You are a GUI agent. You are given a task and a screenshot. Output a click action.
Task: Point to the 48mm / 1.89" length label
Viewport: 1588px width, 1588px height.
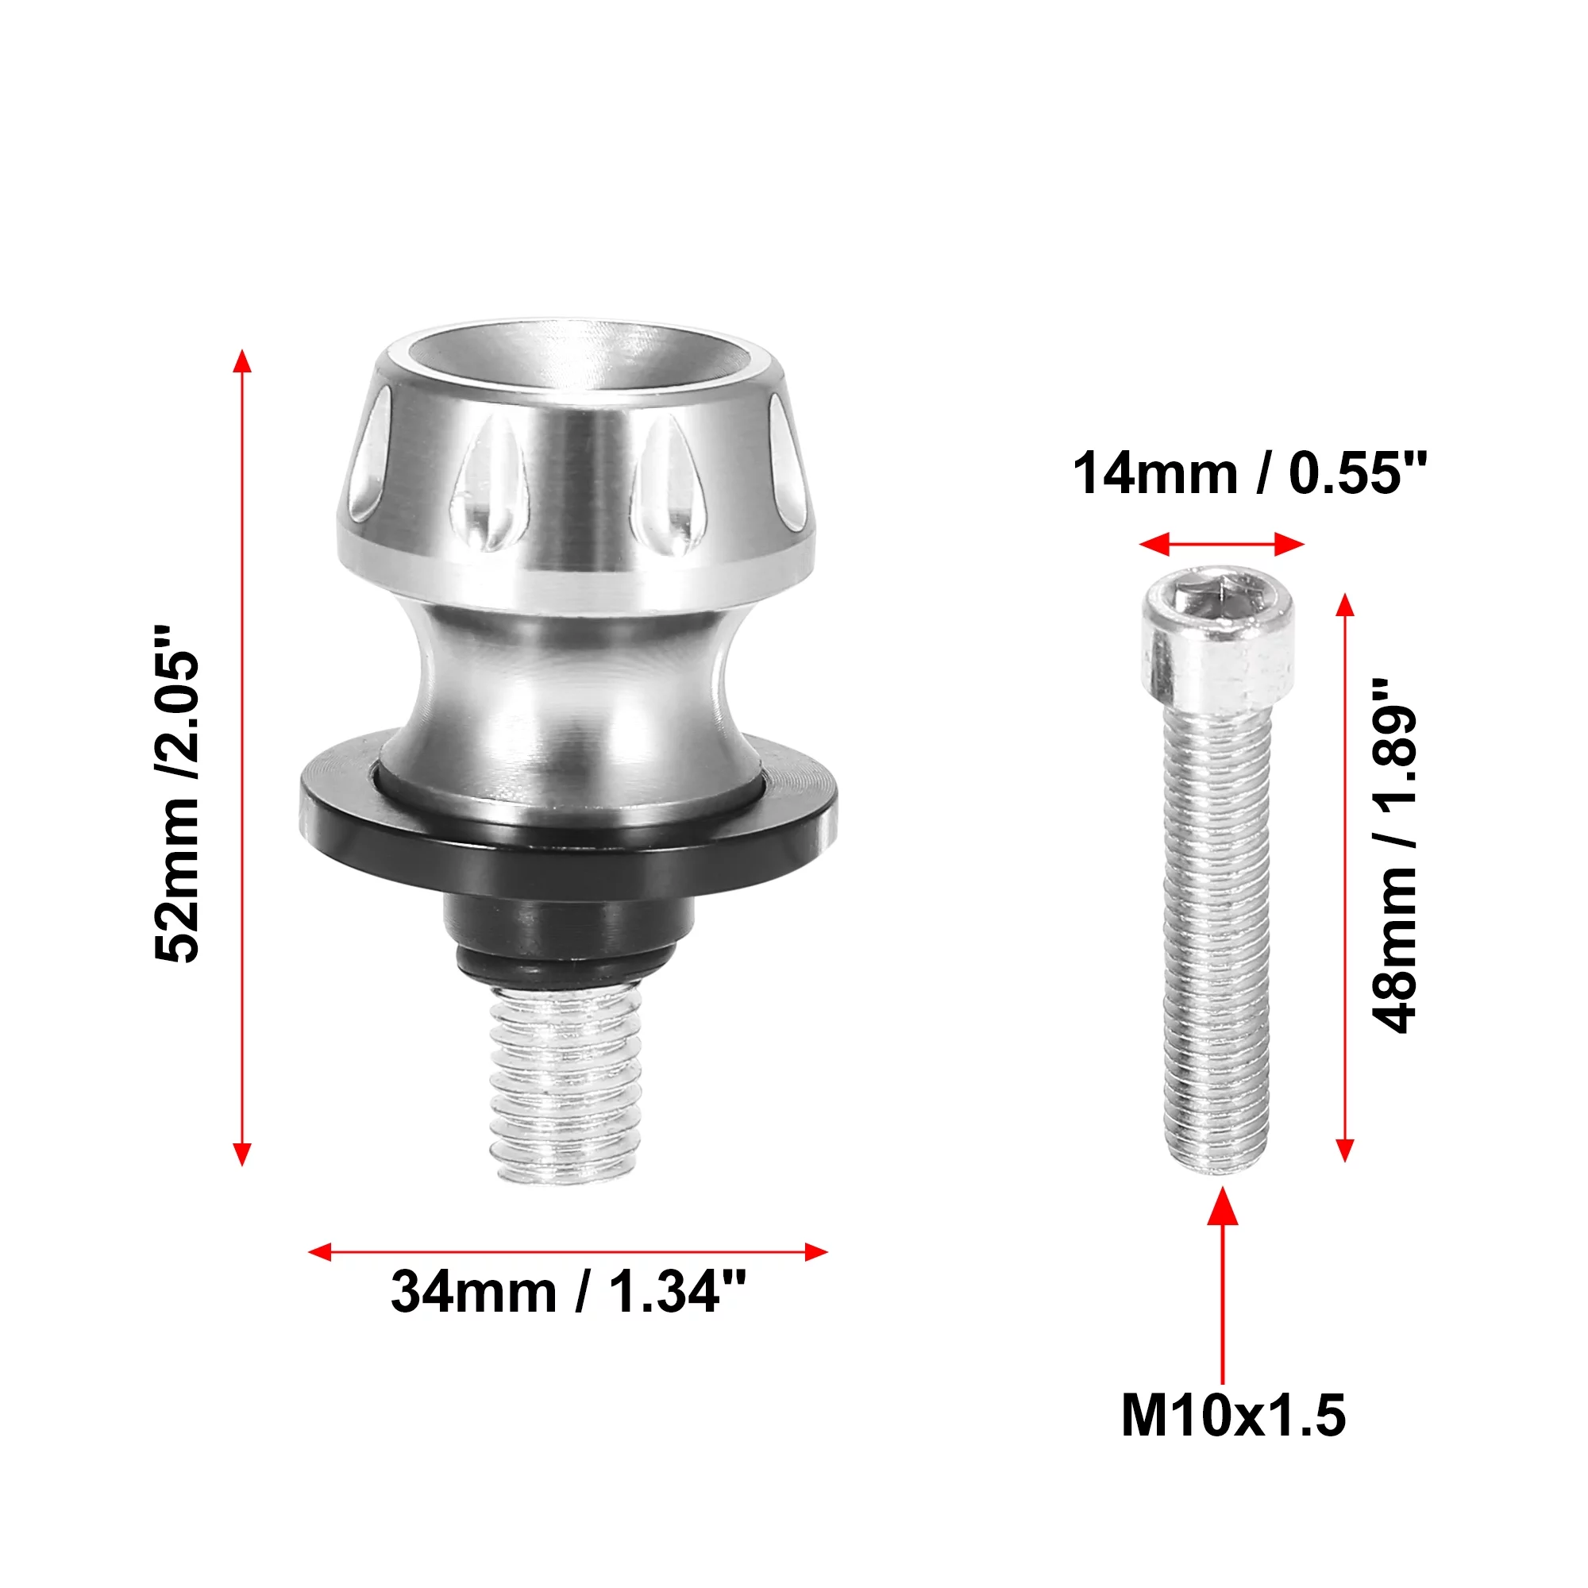(x=1396, y=856)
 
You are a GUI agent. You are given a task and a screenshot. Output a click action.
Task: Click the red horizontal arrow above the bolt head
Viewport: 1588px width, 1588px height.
(x=1222, y=543)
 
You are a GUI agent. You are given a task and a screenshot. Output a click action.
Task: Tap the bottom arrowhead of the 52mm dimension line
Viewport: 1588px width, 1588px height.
(x=241, y=1154)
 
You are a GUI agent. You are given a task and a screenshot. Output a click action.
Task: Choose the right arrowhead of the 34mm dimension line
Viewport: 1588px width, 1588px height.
(x=815, y=1252)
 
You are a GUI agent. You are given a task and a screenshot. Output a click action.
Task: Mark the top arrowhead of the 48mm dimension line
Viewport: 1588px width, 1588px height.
(x=1345, y=605)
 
